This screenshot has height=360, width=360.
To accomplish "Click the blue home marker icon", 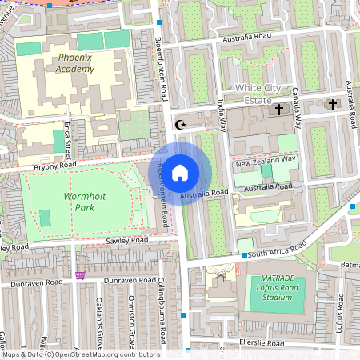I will [180, 172].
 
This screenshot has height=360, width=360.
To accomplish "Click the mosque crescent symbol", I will [179, 124].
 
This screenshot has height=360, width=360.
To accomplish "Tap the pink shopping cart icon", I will [80, 275].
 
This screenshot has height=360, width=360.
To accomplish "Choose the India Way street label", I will [222, 110].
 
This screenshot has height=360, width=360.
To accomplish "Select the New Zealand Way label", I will [266, 160].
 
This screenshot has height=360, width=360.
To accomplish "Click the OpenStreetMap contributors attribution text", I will [80, 354].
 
